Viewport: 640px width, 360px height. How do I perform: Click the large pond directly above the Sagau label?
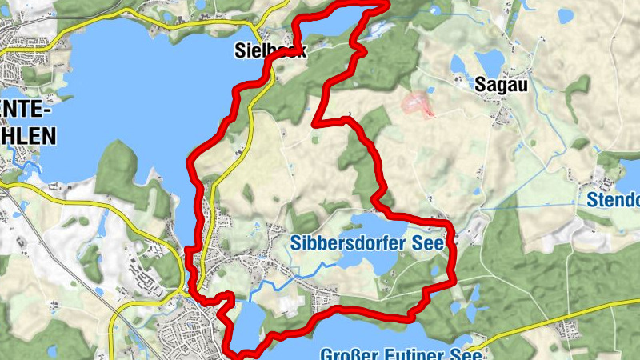(x=489, y=59)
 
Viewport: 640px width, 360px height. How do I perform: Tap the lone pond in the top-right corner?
(x=566, y=14)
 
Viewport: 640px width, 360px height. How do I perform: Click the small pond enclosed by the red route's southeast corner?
(x=435, y=270)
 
